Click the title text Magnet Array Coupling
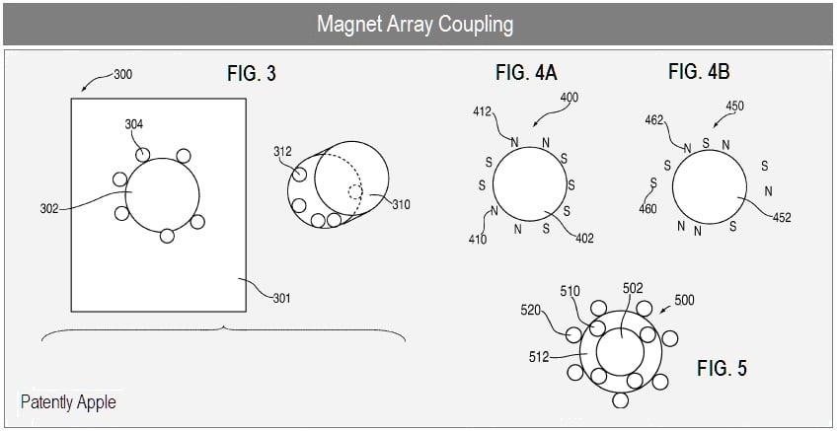pos(416,24)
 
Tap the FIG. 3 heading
pos(252,74)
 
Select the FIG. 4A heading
pos(526,72)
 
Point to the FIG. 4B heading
pos(699,71)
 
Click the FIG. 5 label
pos(722,368)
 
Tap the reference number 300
pos(122,75)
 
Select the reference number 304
pos(134,125)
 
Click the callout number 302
pos(49,208)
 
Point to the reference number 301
pos(281,298)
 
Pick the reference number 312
pos(283,152)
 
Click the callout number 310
pos(401,204)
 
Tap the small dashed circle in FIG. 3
pos(355,192)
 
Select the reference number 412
pos(482,112)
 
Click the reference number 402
pos(584,239)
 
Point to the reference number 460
pos(648,208)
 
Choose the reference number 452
pos(782,218)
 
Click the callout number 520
pos(530,311)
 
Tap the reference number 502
pos(633,289)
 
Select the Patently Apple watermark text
pos(68,401)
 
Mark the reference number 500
pos(685,300)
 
